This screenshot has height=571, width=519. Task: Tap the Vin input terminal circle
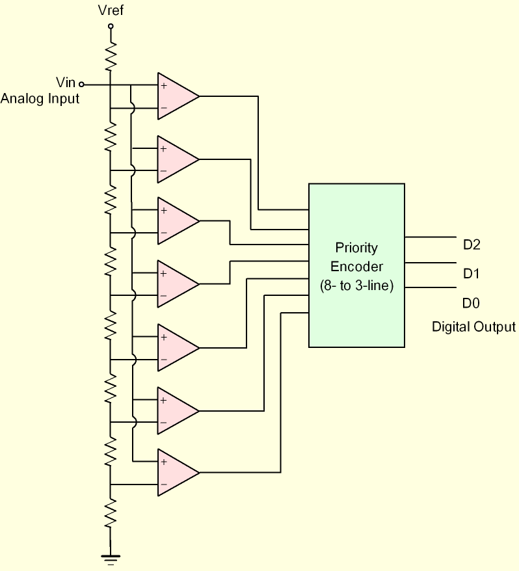81,84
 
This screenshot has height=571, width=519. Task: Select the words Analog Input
40,99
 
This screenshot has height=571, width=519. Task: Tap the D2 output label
472,245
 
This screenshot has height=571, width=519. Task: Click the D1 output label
472,274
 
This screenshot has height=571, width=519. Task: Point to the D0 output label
472,303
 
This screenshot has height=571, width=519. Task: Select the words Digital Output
473,327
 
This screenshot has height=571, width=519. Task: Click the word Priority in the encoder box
356,248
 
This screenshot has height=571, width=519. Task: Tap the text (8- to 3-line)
356,285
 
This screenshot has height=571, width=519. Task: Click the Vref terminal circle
111,27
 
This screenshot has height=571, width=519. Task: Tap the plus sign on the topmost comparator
163,85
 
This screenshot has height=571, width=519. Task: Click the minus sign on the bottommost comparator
163,485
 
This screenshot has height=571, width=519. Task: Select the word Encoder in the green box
356,267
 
